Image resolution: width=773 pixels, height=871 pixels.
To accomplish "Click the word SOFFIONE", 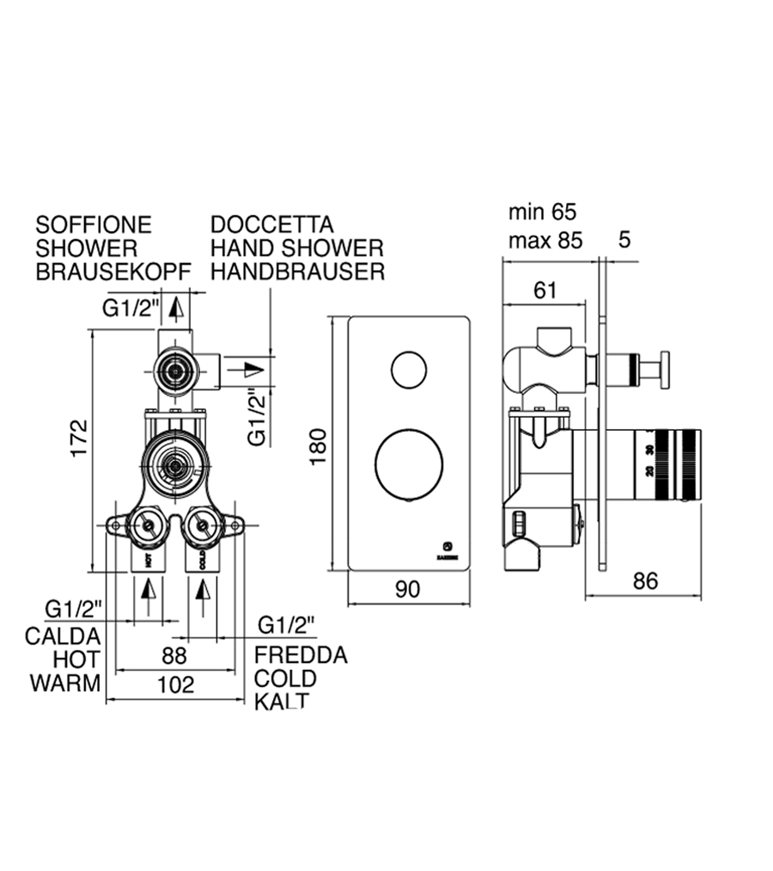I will pos(93,225).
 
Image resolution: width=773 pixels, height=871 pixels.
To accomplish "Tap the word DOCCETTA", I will pos(272,225).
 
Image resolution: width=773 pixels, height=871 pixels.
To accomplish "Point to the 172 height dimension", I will pos(79,439).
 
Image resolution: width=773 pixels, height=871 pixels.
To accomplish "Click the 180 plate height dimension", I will pos(318,447).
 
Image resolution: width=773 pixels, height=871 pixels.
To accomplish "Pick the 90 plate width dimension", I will pos(408,589).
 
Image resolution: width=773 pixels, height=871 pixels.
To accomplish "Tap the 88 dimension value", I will pos(174,655).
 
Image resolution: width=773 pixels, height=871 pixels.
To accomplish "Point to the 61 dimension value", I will pos(545,291).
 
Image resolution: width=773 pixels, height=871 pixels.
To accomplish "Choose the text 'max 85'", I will pos(545,241).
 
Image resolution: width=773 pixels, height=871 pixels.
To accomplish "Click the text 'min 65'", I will pos(542,212).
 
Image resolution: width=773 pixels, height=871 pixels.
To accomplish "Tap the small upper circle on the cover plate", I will pos(409,370).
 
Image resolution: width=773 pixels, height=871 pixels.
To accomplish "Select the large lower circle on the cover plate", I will pos(409,464).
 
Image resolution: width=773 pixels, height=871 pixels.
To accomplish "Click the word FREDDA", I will pos(301,655).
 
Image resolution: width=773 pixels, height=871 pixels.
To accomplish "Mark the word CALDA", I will pos(64,636).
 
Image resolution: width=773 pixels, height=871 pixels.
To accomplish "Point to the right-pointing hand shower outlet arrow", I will pos(252,370).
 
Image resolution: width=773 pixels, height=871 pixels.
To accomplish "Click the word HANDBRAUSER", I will pos(297,273).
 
